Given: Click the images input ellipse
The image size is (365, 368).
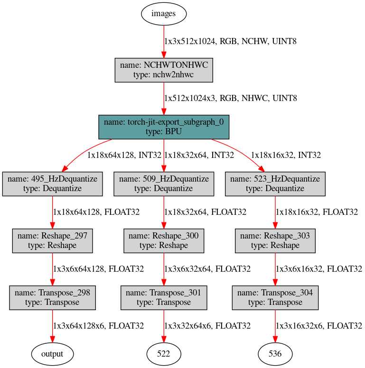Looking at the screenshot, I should coord(163,13).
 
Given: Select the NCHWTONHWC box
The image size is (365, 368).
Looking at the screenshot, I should coord(164,70).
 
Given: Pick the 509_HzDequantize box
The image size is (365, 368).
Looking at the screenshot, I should coord(164,184).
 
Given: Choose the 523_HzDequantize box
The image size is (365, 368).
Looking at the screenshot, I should coord(275,184).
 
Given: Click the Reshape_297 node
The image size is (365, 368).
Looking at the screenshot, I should coord(52,240).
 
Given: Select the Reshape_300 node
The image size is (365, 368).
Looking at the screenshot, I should coord(164,240).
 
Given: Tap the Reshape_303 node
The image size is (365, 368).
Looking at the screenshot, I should coord(275,240).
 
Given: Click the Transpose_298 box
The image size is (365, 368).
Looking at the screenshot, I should coord(52,297).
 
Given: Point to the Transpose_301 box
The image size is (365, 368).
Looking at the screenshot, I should coord(164,297).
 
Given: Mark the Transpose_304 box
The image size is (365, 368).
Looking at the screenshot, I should coord(275,297).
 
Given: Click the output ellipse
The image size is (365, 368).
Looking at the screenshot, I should coord(52,354).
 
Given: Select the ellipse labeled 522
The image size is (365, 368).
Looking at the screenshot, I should coord(164,354).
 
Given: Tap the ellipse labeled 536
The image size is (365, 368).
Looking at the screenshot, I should coord(275,354).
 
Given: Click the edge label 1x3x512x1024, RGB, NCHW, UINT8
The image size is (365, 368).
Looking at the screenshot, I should coord(230,42).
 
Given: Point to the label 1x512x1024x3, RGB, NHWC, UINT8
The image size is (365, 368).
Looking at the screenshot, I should coord(230,99).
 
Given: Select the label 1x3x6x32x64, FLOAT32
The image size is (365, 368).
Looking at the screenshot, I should coord(207,269).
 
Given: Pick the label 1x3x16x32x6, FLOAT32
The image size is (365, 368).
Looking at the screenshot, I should coord(319,326).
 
